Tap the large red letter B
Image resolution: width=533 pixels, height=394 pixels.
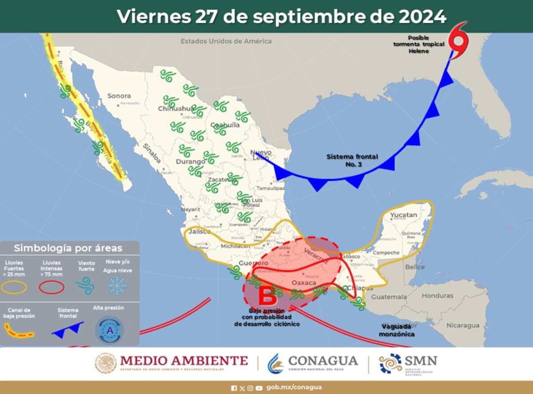[267, 296]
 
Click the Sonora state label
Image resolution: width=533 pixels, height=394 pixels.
[119, 96]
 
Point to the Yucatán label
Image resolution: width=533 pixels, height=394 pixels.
[404, 215]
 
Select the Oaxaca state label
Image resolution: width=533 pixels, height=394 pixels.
[304, 283]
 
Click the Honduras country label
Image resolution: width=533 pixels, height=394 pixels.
[438, 295]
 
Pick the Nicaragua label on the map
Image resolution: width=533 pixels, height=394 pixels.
[463, 325]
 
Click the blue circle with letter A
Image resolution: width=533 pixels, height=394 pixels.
[109, 330]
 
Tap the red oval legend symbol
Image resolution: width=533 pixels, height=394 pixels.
[52, 287]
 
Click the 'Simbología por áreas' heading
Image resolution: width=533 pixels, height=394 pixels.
[68, 248]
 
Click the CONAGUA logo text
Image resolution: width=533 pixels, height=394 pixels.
[323, 360]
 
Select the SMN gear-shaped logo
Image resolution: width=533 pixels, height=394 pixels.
[390, 364]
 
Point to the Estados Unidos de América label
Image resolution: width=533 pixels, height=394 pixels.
[226, 41]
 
